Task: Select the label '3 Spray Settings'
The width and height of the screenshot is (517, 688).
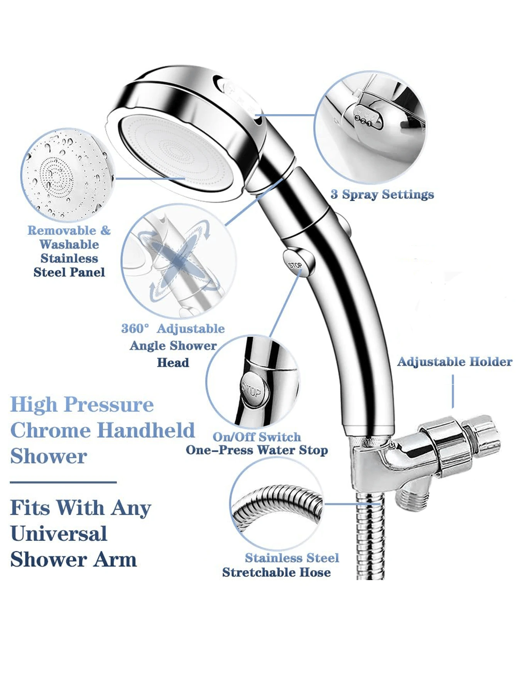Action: [382, 194]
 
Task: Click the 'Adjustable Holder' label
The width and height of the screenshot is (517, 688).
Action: [454, 362]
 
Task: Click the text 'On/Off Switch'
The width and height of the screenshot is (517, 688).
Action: [257, 437]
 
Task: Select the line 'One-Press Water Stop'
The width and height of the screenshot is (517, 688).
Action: [257, 450]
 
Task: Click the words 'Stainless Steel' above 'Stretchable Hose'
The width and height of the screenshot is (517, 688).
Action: [292, 558]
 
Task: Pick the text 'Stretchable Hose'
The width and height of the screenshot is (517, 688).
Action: [276, 572]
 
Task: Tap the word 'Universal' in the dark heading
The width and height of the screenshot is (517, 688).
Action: [59, 533]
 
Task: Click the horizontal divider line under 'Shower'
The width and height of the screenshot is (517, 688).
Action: [63, 482]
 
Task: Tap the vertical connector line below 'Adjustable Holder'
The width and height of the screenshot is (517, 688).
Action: [453, 391]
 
